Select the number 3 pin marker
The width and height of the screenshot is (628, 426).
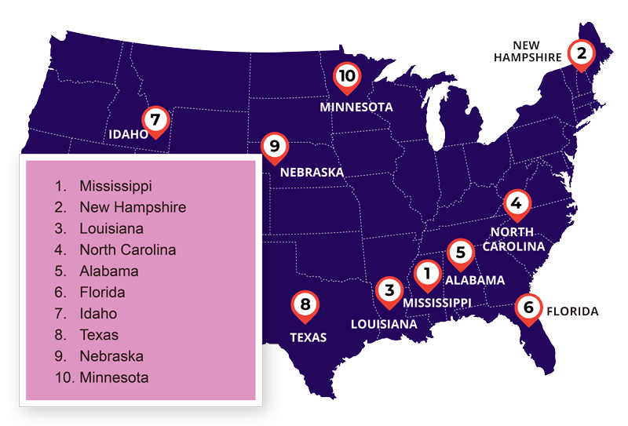pos(389,290)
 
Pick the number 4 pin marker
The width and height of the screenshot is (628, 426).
pos(516,203)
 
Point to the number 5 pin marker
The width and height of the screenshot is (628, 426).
pos(461,253)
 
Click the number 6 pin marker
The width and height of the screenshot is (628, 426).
pos(528,307)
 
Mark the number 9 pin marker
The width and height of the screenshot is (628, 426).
pos(272,146)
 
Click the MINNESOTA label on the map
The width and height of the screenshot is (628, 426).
pos(356,107)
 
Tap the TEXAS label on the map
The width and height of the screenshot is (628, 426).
pos(308,338)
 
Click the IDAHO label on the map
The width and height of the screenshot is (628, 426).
pos(128,134)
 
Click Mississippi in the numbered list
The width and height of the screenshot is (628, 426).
pos(115,186)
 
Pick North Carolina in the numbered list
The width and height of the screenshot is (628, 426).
pos(127,250)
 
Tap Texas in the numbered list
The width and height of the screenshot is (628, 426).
pos(99,335)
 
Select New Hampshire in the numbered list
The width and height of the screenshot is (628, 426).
pos(133,207)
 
